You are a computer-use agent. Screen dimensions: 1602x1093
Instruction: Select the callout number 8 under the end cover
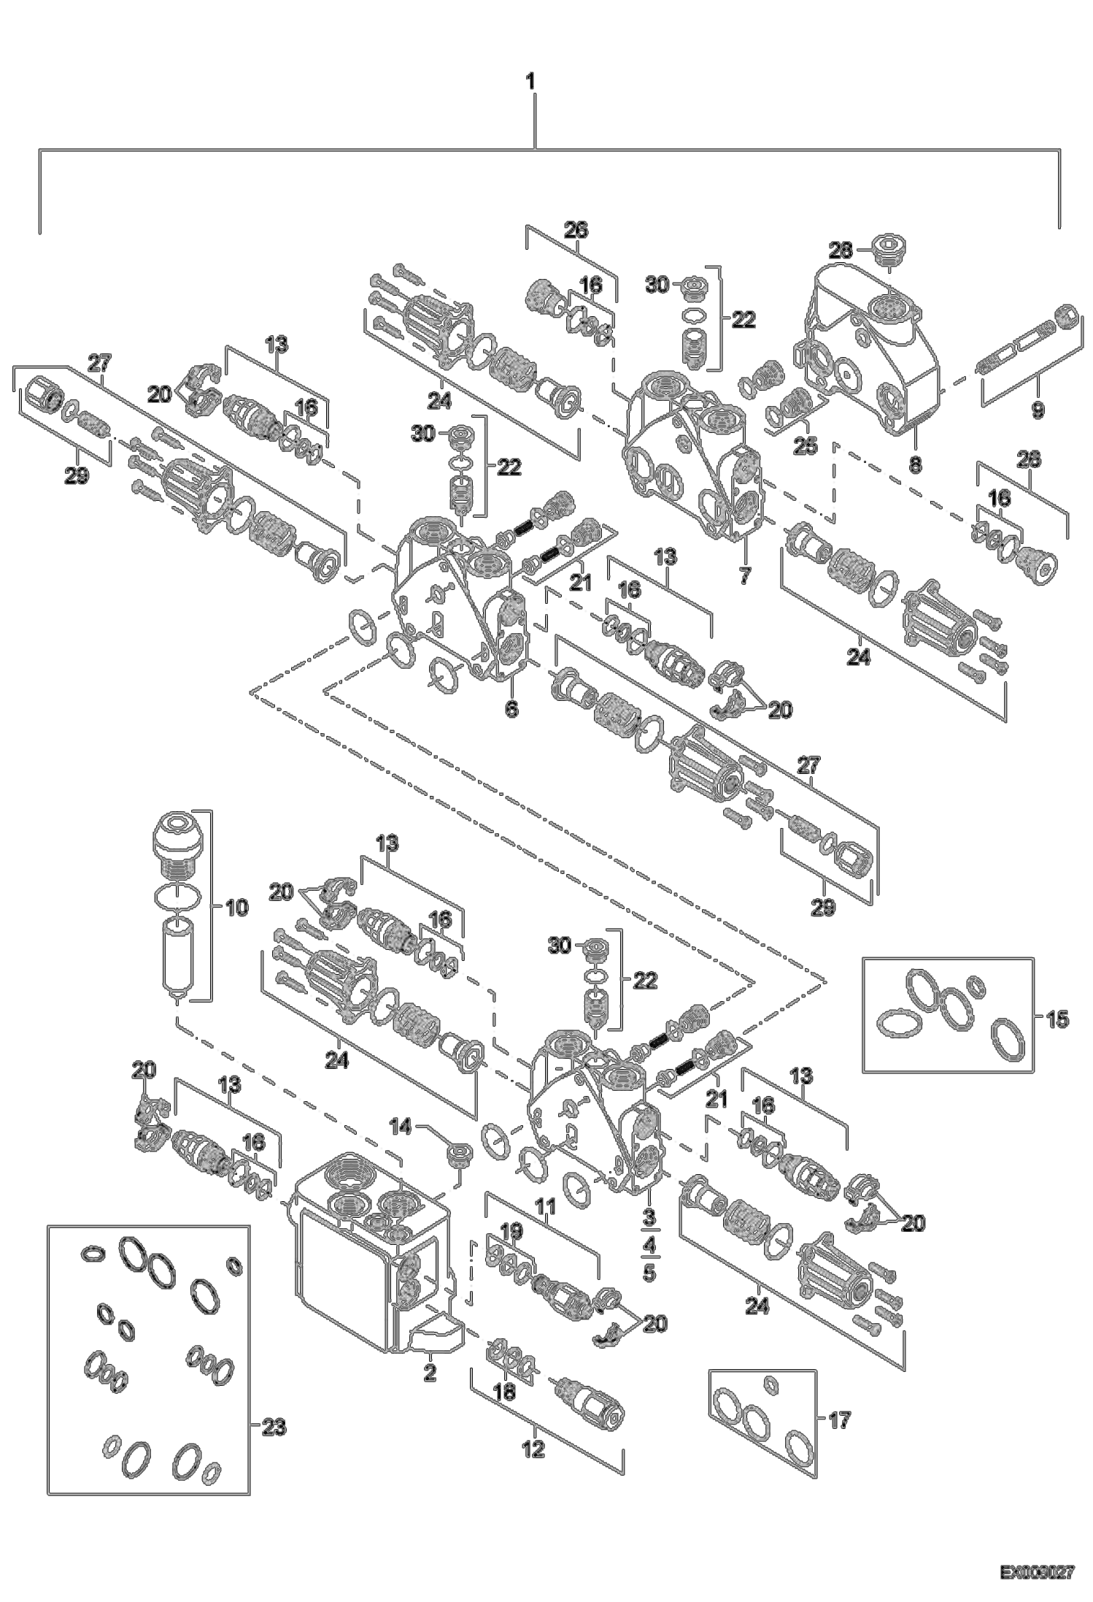pyautogui.click(x=916, y=463)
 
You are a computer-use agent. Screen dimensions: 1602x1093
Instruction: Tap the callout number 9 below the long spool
pyautogui.click(x=1037, y=411)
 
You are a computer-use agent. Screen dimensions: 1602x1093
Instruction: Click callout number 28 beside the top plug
pyautogui.click(x=840, y=250)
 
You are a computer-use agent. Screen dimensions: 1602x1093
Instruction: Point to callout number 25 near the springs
pyautogui.click(x=806, y=445)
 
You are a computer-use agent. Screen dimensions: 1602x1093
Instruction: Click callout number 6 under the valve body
pyautogui.click(x=511, y=708)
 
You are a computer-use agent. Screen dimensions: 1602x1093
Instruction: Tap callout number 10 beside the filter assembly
pyautogui.click(x=237, y=908)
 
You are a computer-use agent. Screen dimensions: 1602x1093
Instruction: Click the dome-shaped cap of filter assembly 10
pyautogui.click(x=179, y=838)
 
